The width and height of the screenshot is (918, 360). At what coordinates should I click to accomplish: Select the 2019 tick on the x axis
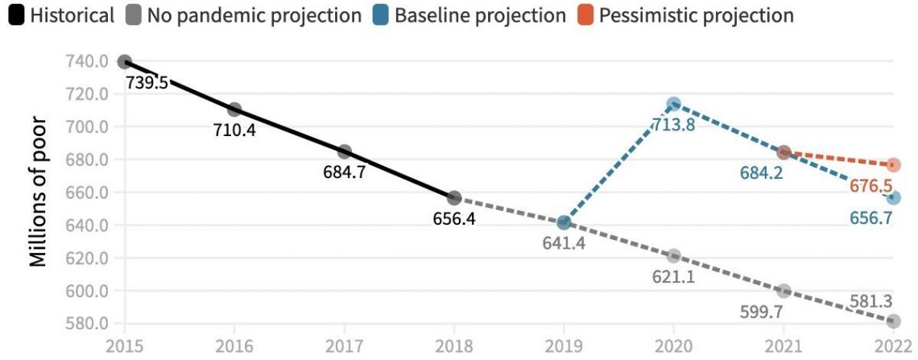tap(564, 346)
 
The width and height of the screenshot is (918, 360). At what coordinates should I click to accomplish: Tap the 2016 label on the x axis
tap(234, 346)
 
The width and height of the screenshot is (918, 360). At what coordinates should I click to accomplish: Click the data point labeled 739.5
tap(124, 62)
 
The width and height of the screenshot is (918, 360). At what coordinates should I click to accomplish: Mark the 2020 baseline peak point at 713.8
tap(673, 104)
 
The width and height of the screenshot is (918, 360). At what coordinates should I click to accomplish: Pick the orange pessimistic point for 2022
tap(893, 165)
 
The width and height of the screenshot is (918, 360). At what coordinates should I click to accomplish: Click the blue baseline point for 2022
tap(893, 197)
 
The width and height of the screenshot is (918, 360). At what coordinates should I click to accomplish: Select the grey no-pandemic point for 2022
tap(893, 321)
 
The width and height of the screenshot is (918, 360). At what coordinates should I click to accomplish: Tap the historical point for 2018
tap(454, 197)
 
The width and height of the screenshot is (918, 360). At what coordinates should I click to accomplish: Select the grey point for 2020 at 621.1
tap(673, 255)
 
